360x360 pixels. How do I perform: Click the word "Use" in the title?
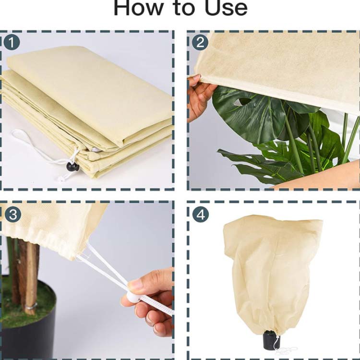coord(226,8)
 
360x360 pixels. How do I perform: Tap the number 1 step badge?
coord(12,42)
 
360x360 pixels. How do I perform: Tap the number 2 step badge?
coord(200,42)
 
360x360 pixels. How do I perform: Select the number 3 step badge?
coord(12,215)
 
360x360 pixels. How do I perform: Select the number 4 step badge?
coord(201,215)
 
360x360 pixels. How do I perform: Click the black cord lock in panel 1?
coord(71,166)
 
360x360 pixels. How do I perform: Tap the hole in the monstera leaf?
coord(241,101)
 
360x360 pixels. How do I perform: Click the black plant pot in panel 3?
coord(27,322)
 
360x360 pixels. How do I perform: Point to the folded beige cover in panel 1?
coord(87,110)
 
